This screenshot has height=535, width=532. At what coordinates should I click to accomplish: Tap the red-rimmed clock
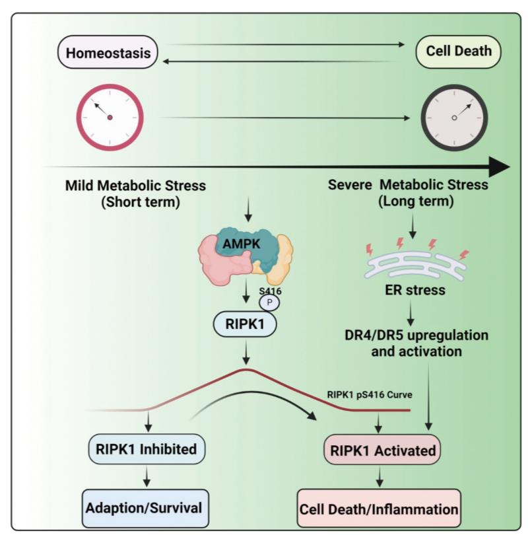coord(109,117)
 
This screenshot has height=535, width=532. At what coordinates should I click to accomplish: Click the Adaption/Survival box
coord(146,507)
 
